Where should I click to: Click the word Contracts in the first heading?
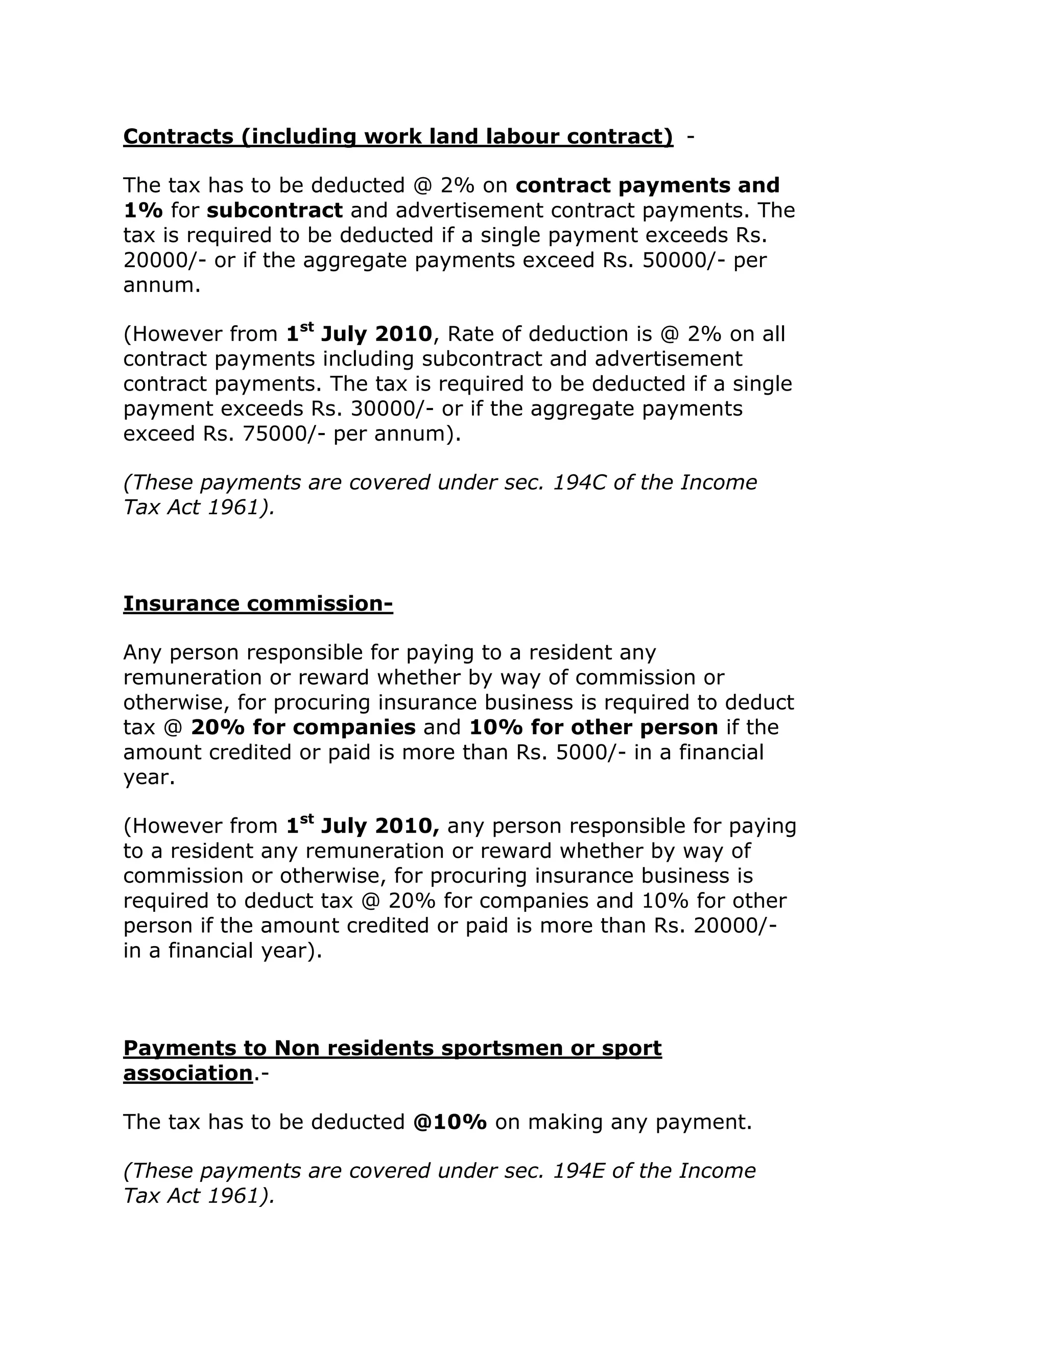[x=178, y=136]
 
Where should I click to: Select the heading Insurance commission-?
[x=258, y=603]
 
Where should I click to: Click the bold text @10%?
[x=450, y=1122]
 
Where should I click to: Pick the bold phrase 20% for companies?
[x=303, y=727]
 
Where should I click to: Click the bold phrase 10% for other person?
[x=593, y=727]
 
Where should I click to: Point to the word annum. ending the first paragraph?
[x=162, y=285]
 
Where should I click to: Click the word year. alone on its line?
[x=149, y=777]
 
